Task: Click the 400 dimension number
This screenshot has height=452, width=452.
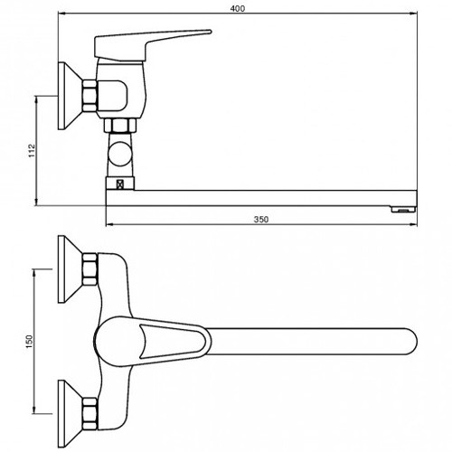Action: pyautogui.click(x=238, y=9)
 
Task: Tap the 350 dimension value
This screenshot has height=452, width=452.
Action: pyautogui.click(x=261, y=220)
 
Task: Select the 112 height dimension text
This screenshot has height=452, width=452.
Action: pyautogui.click(x=32, y=151)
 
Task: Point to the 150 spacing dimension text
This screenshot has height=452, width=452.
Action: pyautogui.click(x=29, y=342)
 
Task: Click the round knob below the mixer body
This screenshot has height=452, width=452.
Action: pyautogui.click(x=119, y=154)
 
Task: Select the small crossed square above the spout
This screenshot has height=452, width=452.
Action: pyautogui.click(x=120, y=184)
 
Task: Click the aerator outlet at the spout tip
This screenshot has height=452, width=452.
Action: pyautogui.click(x=403, y=210)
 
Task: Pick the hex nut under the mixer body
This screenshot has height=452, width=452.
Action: pyautogui.click(x=120, y=126)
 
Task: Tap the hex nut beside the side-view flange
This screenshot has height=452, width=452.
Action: pyautogui.click(x=90, y=96)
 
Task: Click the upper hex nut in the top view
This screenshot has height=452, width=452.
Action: pyautogui.click(x=90, y=269)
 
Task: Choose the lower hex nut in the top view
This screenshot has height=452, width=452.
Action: pyautogui.click(x=90, y=414)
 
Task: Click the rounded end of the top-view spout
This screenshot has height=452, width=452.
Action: pyautogui.click(x=411, y=342)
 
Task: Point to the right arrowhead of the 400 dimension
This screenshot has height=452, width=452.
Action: pyautogui.click(x=413, y=14)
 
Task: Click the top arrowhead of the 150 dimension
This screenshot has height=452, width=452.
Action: pyautogui.click(x=34, y=274)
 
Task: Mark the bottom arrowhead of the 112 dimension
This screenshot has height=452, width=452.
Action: pyautogui.click(x=37, y=202)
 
